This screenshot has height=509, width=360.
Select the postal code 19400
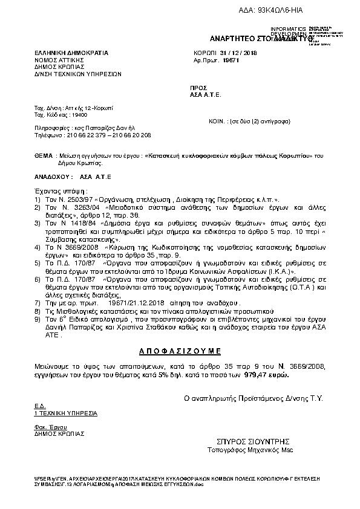coord(79,114)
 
